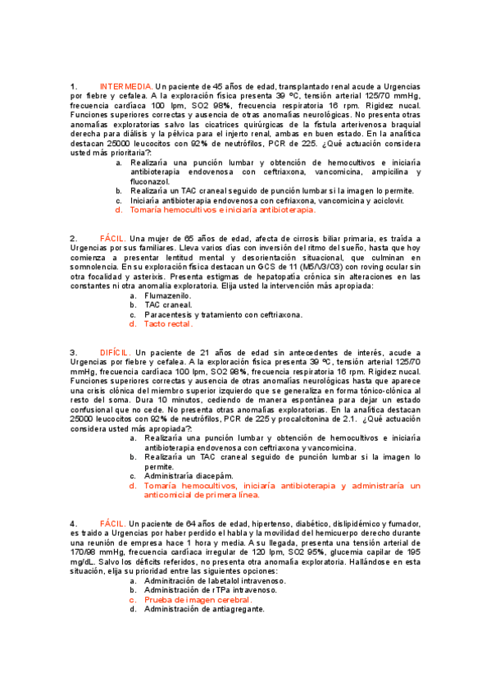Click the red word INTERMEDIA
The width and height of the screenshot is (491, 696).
tap(125, 86)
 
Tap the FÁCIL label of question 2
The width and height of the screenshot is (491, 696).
tap(111, 237)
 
